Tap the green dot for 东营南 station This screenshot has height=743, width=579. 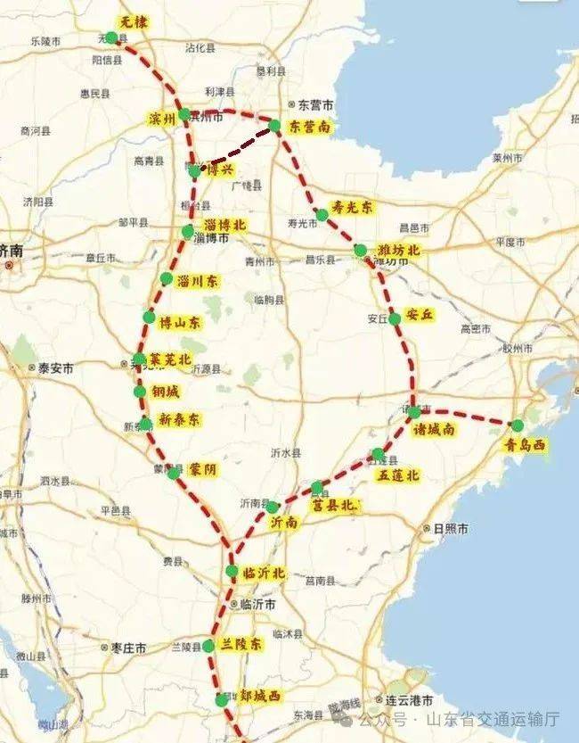pyautogui.click(x=275, y=127)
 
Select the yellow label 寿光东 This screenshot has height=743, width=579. pyautogui.click(x=353, y=206)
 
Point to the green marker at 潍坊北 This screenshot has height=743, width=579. pyautogui.click(x=360, y=251)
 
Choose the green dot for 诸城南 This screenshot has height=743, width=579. pyautogui.click(x=414, y=412)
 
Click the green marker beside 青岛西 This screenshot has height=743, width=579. pyautogui.click(x=518, y=425)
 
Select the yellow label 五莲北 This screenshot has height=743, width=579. pyautogui.click(x=397, y=475)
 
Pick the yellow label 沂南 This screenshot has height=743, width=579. pyautogui.click(x=284, y=524)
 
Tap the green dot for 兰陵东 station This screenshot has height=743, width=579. pyautogui.click(x=208, y=645)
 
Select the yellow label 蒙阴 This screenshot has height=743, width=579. pyautogui.click(x=202, y=468)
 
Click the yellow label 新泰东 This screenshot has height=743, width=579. pyautogui.click(x=179, y=419)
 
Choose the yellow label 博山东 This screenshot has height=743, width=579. pyautogui.click(x=180, y=321)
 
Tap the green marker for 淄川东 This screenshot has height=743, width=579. pyautogui.click(x=167, y=279)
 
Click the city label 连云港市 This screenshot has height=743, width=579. pyautogui.click(x=409, y=699)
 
